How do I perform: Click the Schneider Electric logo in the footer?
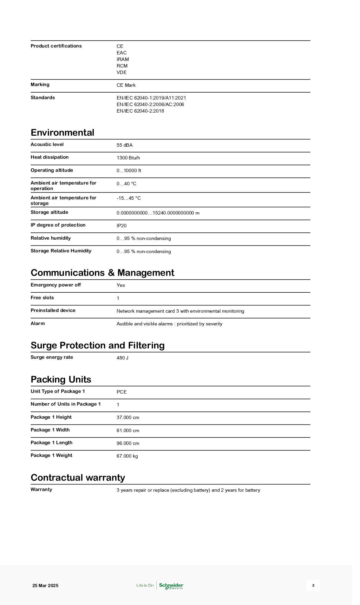[171, 586]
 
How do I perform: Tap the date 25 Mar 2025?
[45, 586]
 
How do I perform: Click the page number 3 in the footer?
[313, 585]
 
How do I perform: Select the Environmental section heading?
[62, 133]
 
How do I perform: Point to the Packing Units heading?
[61, 379]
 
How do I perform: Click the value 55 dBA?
[125, 145]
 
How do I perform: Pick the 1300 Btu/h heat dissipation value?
[128, 158]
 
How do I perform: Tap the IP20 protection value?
[121, 226]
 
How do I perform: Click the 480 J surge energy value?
[123, 358]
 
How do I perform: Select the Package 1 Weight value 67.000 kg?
[127, 456]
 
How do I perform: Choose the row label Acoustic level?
[47, 145]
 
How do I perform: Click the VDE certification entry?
[121, 73]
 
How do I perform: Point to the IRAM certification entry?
[123, 60]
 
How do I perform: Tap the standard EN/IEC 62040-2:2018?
[140, 111]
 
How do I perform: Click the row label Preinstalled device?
[53, 311]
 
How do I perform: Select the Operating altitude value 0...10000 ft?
[129, 171]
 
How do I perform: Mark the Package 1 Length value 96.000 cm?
[128, 444]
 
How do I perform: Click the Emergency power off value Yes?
[121, 285]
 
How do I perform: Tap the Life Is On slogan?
[145, 586]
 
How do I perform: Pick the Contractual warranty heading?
[78, 478]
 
